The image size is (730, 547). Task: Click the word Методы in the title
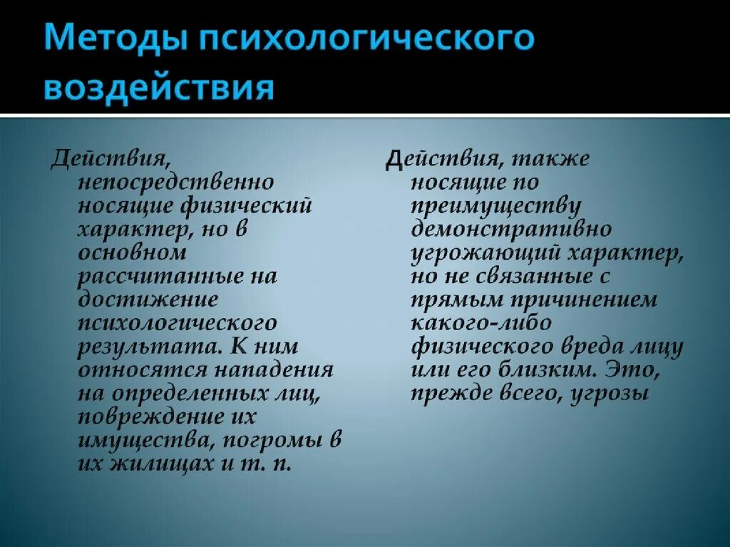113,41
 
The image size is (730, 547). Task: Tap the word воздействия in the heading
159,88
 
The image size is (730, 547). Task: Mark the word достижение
148,300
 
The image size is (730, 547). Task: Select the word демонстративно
510,229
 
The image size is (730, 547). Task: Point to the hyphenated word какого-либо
480,323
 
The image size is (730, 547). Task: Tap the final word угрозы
609,394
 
